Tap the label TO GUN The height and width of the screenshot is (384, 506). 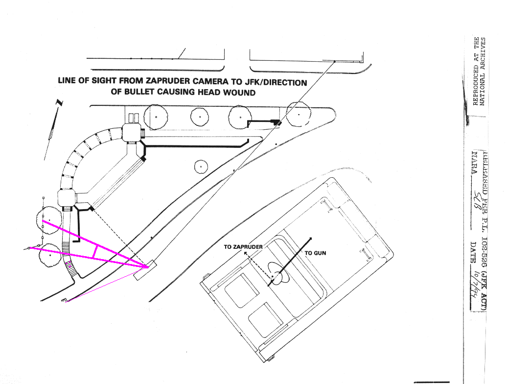click(315, 253)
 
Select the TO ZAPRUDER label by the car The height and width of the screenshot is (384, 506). click(243, 247)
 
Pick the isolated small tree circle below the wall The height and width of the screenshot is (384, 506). click(201, 167)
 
